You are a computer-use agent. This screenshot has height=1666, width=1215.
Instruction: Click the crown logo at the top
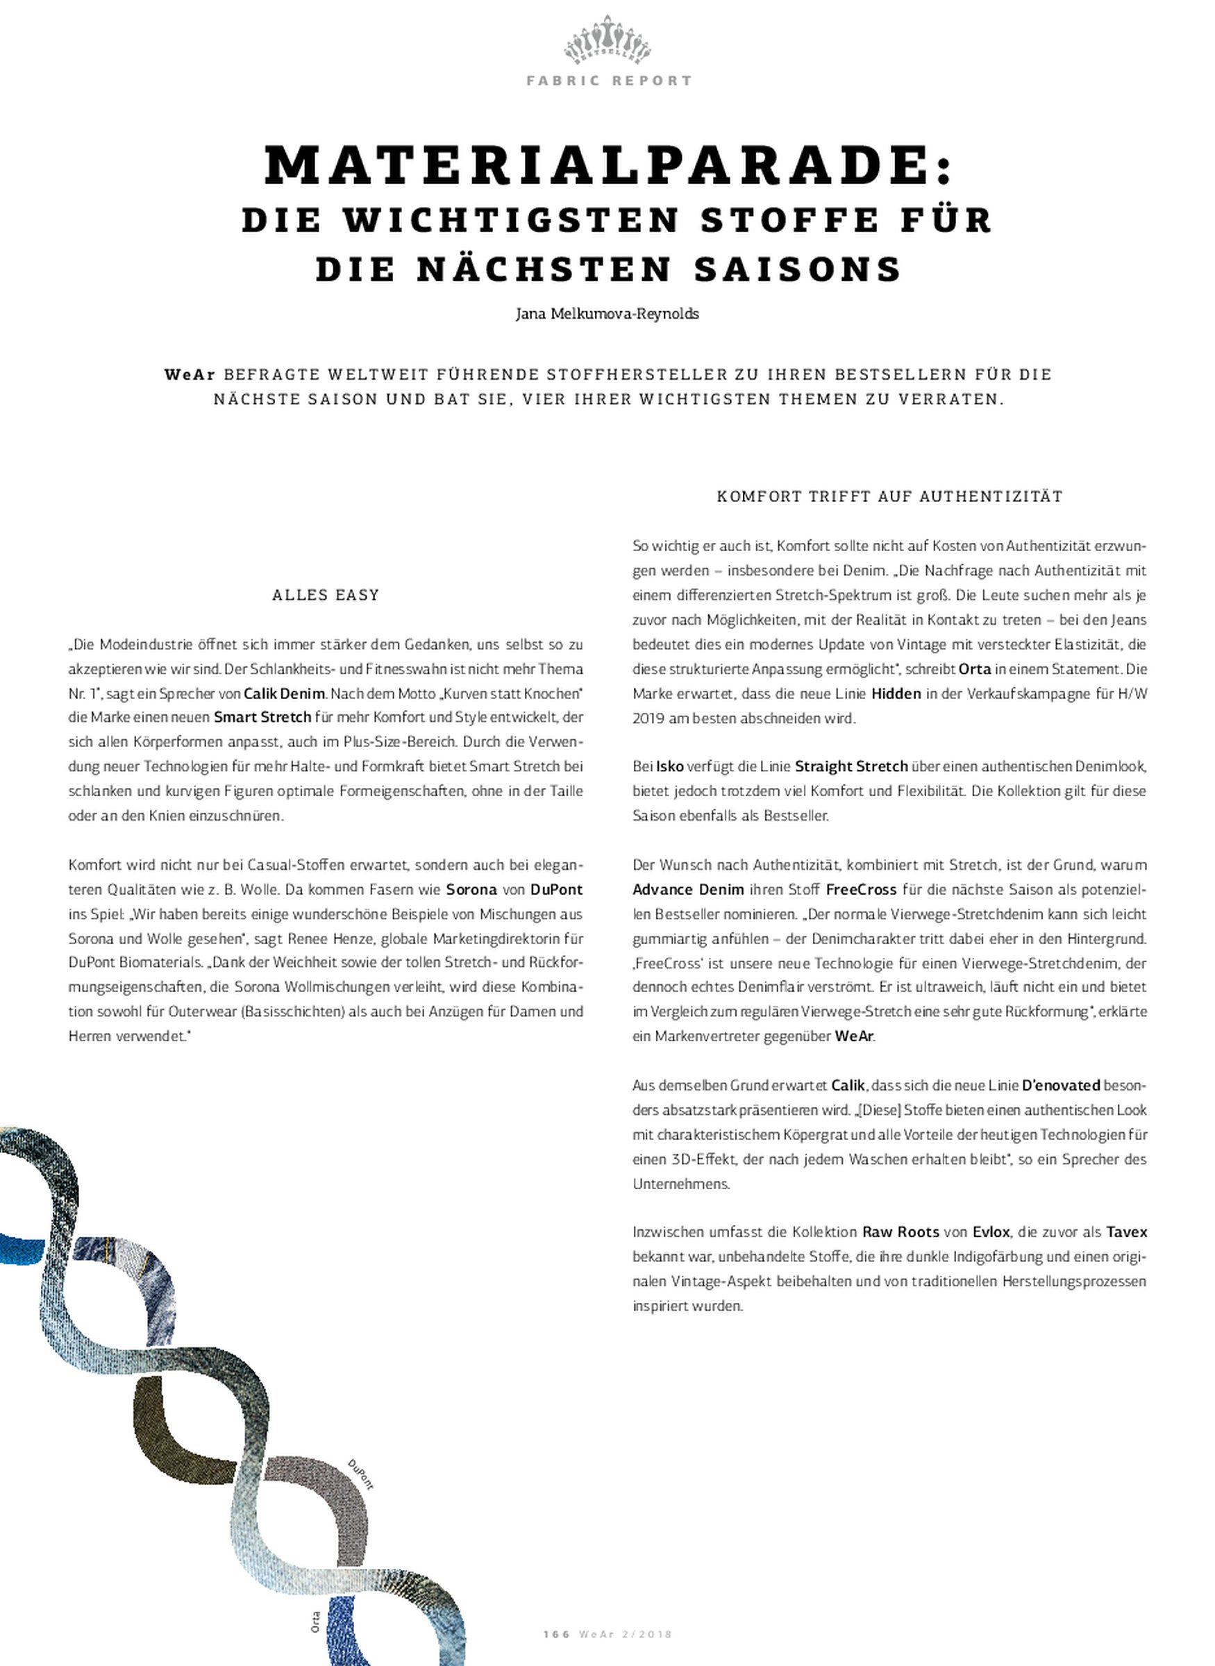(607, 41)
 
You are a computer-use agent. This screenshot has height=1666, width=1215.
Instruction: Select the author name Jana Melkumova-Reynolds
(607, 314)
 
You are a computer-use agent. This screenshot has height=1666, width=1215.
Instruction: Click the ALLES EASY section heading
(325, 595)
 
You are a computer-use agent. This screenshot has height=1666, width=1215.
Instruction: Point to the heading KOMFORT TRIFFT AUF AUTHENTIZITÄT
(889, 496)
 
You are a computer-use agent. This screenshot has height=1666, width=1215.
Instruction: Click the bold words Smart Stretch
(262, 718)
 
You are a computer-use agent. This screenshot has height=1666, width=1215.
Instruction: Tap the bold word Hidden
(896, 693)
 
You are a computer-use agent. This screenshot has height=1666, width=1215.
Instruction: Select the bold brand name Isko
(670, 767)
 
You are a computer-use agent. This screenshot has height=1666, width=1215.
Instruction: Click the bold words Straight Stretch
(851, 767)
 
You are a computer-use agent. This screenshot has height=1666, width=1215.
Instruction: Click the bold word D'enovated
(1061, 1085)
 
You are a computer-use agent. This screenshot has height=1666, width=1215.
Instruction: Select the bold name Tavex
(1126, 1232)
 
